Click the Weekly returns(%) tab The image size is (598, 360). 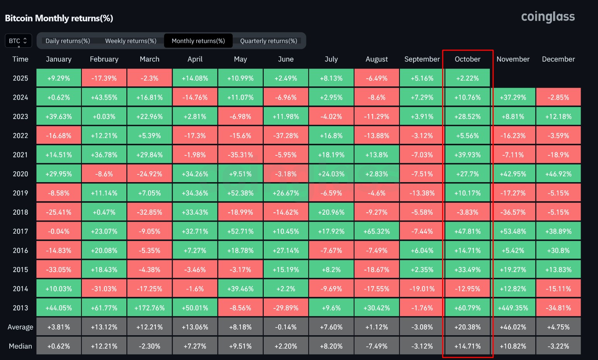[131, 41]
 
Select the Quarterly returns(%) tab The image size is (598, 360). [268, 41]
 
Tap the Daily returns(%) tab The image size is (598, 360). [67, 41]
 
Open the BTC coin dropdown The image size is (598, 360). [18, 41]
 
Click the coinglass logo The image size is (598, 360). [548, 17]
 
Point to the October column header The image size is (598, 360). [467, 59]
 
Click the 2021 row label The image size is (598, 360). [20, 155]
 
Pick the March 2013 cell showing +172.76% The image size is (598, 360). [149, 308]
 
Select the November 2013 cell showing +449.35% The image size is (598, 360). [513, 308]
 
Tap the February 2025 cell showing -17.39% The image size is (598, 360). [104, 78]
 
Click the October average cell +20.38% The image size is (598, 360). [467, 327]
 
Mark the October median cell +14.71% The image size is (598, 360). [467, 346]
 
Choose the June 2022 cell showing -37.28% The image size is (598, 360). [286, 136]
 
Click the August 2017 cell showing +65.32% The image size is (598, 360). [377, 231]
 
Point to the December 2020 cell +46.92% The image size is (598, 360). [558, 174]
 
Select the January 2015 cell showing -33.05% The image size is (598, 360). [59, 269]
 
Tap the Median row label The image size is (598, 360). [20, 346]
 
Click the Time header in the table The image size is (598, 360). [20, 59]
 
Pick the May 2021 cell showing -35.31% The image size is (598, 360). [240, 155]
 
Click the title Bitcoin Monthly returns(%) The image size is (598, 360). [59, 18]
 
